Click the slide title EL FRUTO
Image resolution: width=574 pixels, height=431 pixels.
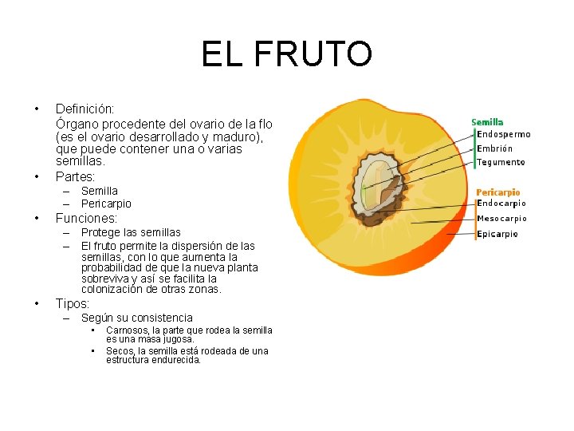pos(286,54)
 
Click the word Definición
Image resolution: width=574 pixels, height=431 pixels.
pos(85,108)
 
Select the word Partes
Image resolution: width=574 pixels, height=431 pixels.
pos(75,176)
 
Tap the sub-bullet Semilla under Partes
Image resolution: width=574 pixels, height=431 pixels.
pos(99,191)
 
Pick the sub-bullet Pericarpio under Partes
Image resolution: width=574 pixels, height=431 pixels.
pos(106,204)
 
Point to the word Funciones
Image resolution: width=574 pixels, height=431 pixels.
pos(86,218)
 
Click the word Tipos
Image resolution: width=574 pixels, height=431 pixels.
pos(73,303)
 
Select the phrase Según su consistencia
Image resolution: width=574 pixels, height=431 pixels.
pos(136,318)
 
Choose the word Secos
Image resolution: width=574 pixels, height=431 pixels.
pos(120,351)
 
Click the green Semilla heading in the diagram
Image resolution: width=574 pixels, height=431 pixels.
pos(487,122)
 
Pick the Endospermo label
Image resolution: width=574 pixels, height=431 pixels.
pos(503,135)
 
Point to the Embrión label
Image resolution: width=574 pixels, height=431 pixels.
pos(494,148)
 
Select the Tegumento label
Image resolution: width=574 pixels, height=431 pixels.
pos(501,162)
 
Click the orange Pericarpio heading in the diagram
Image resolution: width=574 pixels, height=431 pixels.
pos(497,192)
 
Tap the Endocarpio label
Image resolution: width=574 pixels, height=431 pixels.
pos(501,204)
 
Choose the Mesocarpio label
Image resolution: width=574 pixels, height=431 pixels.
pos(501,219)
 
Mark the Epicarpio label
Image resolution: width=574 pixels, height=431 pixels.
pos(497,234)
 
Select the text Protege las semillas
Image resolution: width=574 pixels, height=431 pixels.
pos(131,232)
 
